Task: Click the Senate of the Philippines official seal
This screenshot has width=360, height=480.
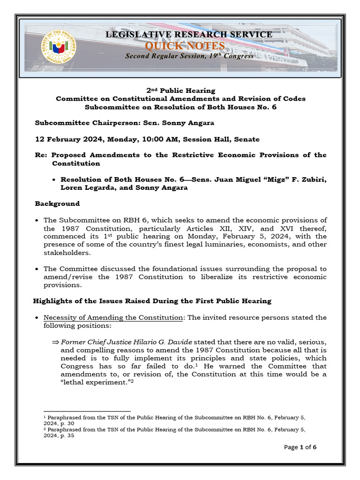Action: click(60, 47)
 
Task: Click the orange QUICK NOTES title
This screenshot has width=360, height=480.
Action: click(185, 45)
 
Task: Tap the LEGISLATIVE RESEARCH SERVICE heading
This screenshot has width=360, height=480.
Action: click(189, 35)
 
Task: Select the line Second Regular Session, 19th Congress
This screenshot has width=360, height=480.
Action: click(189, 56)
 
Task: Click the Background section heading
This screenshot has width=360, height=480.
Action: click(57, 203)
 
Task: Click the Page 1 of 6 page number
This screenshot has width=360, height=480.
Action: click(300, 447)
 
